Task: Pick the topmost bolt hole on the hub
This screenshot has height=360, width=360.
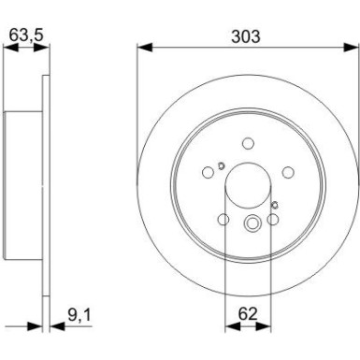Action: pos(248,143)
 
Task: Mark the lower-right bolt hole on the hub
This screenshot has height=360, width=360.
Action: pos(272,219)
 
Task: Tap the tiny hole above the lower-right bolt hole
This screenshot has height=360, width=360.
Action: pos(274,204)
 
